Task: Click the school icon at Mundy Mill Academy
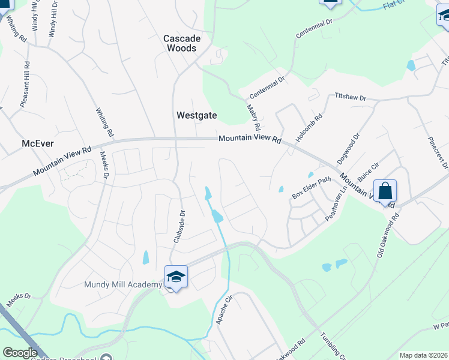tap(176, 277)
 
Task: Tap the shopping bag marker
tap(385, 191)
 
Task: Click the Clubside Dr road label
tap(178, 226)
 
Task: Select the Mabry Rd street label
tap(253, 118)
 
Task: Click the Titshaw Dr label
tap(350, 97)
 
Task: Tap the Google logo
tap(20, 353)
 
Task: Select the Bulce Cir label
tap(368, 173)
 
